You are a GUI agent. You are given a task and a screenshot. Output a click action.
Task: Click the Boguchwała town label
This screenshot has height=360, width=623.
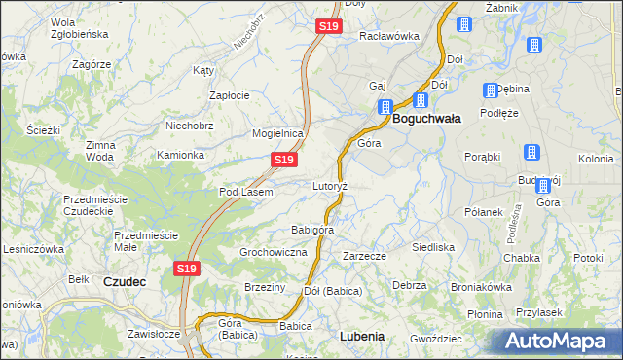(427, 118)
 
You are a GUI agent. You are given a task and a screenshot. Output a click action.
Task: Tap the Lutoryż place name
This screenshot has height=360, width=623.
(331, 185)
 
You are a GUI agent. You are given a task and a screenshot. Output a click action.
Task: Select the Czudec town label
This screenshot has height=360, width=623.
(125, 281)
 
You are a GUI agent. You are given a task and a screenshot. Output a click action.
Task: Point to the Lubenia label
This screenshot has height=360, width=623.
(362, 336)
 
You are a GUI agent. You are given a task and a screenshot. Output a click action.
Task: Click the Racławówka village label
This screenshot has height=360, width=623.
(389, 36)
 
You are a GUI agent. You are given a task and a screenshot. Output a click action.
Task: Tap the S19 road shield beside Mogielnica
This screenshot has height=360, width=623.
(283, 159)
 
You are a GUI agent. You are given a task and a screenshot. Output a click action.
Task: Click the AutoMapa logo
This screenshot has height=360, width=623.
(557, 341)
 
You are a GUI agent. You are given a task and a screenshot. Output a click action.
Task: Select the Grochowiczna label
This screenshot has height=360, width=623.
(274, 252)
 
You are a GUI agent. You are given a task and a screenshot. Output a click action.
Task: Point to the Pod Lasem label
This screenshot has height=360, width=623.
(245, 192)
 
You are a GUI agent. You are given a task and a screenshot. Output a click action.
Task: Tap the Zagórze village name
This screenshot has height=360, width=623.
(92, 63)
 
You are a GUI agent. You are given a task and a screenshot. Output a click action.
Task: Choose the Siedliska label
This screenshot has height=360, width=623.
(433, 247)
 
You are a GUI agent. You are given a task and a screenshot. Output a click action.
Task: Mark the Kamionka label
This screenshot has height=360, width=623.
(181, 155)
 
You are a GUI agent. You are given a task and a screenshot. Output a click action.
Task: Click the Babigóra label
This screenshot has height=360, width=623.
(312, 230)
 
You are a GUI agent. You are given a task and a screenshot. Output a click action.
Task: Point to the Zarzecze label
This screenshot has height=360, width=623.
(365, 256)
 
